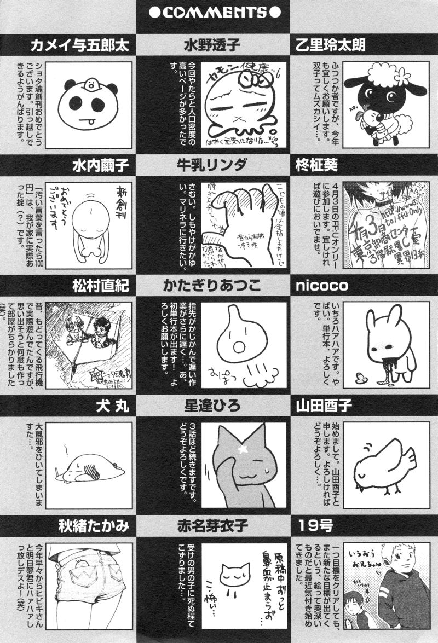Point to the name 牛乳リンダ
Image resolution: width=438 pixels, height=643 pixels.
219,165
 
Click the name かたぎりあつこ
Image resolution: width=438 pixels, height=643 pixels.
219,286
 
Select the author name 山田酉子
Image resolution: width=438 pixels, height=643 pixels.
323,406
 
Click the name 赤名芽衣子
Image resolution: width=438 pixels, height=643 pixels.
219,527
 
